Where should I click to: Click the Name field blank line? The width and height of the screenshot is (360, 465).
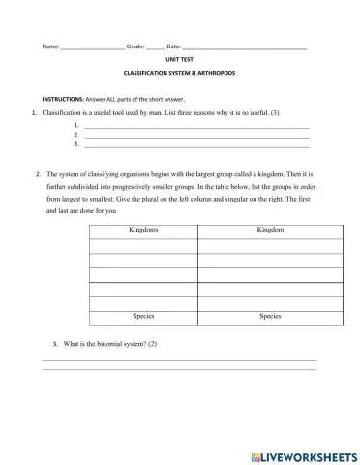(x=92, y=47)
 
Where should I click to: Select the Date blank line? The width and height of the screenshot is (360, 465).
(x=244, y=47)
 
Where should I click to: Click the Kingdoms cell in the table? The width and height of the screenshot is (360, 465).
(x=143, y=231)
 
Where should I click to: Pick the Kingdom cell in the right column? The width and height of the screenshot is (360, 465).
(x=271, y=231)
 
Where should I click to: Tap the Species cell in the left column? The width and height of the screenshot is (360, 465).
(x=143, y=317)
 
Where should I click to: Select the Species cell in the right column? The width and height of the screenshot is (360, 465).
(x=271, y=317)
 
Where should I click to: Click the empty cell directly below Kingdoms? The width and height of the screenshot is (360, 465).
(x=143, y=246)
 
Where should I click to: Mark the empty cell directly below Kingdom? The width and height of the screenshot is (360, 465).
(x=271, y=246)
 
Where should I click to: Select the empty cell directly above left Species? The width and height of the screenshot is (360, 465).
(x=143, y=303)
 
